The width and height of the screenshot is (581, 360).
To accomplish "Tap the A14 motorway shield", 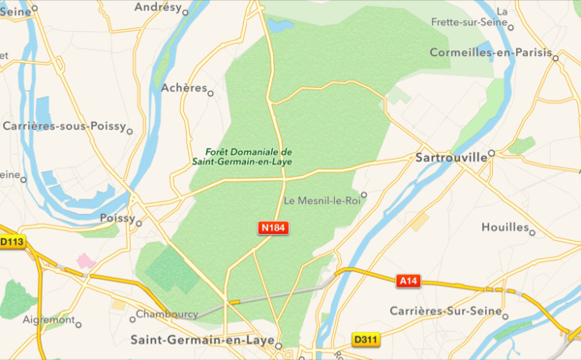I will coord(411,281).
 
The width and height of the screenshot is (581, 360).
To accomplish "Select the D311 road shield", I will coord(365,340).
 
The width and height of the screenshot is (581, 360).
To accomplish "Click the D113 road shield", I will coord(12,242).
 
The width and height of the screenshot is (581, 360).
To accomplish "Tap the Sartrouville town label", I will coord(451,155).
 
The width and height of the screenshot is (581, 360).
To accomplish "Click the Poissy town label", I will coord(116,220).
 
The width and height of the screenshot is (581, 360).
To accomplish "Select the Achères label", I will coord(184,88).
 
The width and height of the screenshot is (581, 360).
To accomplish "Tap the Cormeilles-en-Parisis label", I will coord(489,52).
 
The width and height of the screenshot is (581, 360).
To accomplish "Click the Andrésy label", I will coord(158,6).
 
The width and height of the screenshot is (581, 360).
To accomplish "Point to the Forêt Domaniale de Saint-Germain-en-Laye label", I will coord(249,158).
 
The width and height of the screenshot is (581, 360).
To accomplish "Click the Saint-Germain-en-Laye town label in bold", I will coord(199,341).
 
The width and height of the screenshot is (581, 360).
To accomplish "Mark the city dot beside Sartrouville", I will coord(491,153).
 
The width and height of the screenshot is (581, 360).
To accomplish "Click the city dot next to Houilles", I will coord(533,231).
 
